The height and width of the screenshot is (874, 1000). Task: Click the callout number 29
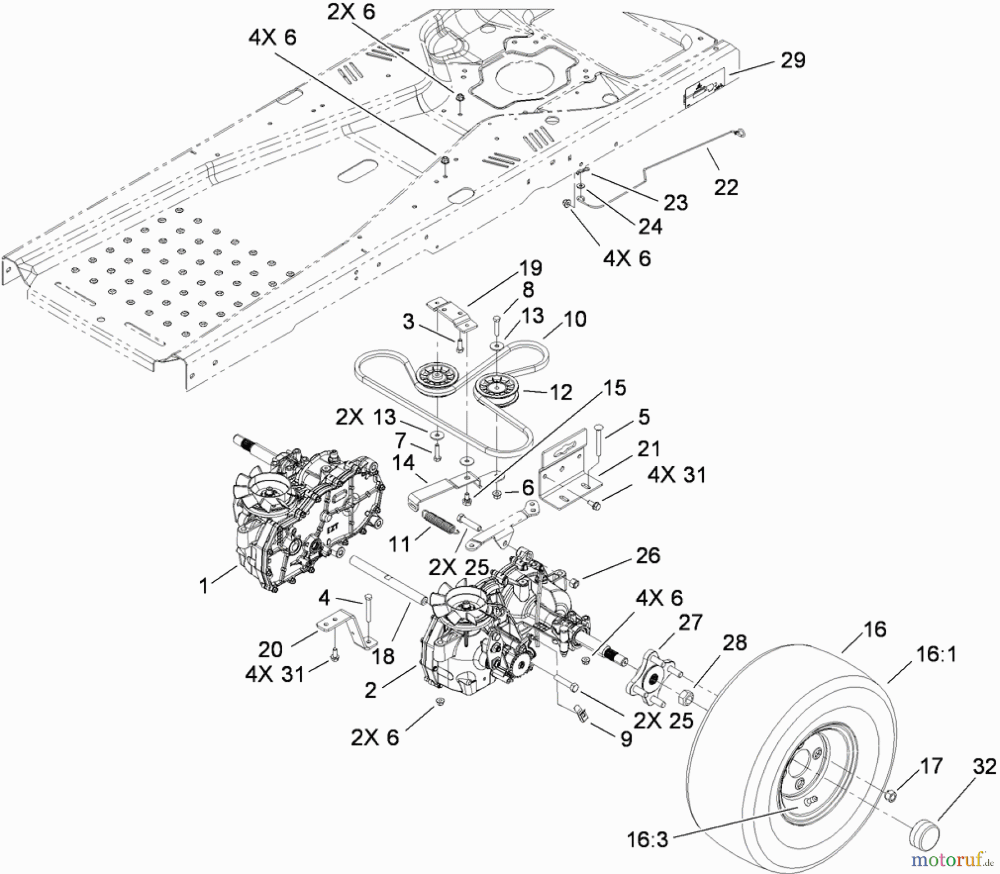click(793, 60)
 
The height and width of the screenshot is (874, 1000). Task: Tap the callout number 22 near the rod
click(726, 187)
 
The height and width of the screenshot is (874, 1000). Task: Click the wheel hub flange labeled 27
click(656, 675)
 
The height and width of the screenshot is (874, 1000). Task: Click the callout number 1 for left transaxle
click(204, 585)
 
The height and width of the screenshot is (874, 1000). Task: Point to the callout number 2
click(371, 690)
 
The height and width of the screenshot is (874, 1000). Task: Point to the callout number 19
click(531, 268)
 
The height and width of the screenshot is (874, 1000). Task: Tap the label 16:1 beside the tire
click(936, 655)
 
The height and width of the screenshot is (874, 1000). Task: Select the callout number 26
click(648, 555)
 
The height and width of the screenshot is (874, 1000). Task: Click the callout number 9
click(626, 740)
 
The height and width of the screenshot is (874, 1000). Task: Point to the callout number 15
click(613, 388)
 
